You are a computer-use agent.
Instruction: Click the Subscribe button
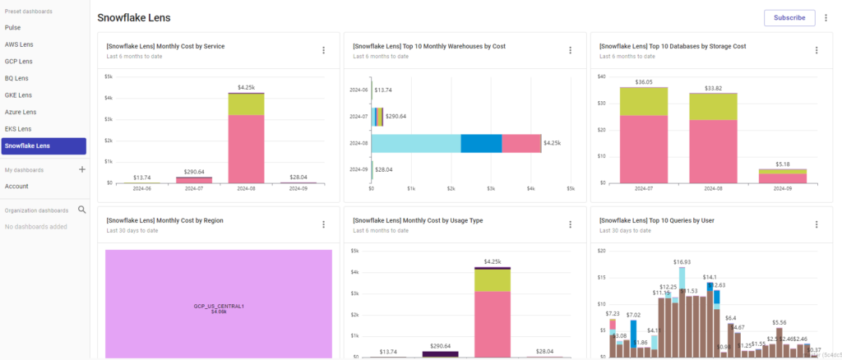tap(789, 17)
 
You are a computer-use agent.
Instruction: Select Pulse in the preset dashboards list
tap(13, 27)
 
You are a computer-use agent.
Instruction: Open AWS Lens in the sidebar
tap(19, 44)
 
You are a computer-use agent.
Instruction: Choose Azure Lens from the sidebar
tap(21, 112)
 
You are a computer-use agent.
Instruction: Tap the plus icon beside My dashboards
tap(81, 169)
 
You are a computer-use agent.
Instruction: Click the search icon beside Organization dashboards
tap(81, 210)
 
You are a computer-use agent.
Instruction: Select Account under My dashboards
tap(16, 186)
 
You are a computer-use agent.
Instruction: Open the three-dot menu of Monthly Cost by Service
tap(323, 50)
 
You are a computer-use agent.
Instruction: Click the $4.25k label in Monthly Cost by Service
tap(246, 87)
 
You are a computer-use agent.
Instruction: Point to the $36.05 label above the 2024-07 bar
tap(644, 82)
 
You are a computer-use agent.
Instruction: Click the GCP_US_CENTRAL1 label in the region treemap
tap(219, 306)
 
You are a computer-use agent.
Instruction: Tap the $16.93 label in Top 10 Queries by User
tap(682, 262)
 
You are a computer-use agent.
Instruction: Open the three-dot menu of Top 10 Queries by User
tap(816, 224)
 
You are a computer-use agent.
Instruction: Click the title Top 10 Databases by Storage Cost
tap(673, 46)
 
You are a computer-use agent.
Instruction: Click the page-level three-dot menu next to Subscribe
tap(826, 17)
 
